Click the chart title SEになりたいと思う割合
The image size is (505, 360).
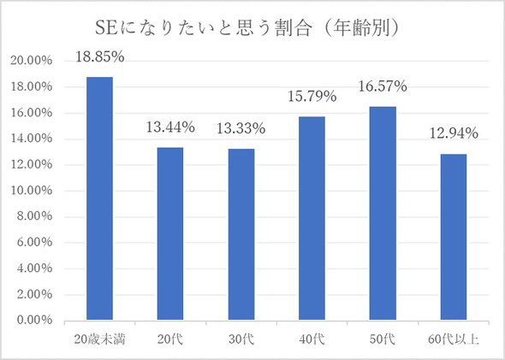pyautogui.click(x=253, y=27)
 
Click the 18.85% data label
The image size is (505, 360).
pyautogui.click(x=99, y=58)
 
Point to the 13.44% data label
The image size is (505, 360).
pyautogui.click(x=169, y=127)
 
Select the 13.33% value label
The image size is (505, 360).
pyautogui.click(x=241, y=129)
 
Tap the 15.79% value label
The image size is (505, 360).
pyautogui.click(x=312, y=97)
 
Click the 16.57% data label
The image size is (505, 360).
pyautogui.click(x=382, y=87)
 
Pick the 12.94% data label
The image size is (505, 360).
pyautogui.click(x=453, y=133)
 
